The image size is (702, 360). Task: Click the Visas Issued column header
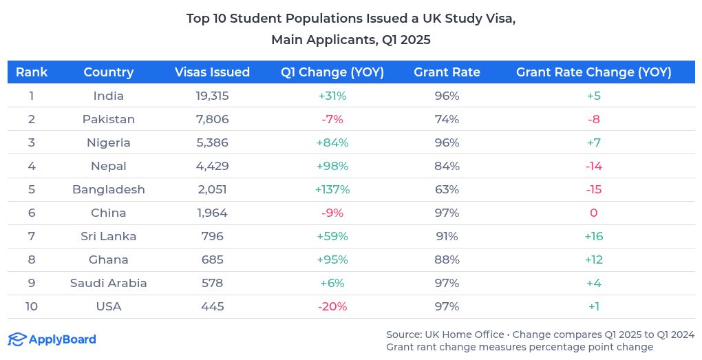(x=212, y=72)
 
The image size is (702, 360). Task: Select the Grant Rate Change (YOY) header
(x=593, y=72)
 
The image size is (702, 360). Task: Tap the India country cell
(x=109, y=96)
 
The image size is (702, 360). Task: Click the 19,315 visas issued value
(x=212, y=96)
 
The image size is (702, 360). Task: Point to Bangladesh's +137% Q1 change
(x=332, y=189)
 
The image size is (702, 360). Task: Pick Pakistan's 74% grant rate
(x=447, y=119)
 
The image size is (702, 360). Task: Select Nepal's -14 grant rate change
(x=593, y=166)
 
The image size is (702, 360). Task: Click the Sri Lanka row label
(x=109, y=236)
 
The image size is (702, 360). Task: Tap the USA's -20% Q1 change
(x=332, y=306)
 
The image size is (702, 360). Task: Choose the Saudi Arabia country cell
(x=109, y=283)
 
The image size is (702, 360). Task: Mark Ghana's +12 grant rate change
(x=593, y=260)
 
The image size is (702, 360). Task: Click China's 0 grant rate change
(x=593, y=213)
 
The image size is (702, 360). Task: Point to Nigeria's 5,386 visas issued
(x=212, y=142)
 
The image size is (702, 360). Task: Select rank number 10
(x=32, y=306)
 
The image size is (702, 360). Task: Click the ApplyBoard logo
(x=52, y=339)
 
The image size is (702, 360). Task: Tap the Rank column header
(x=32, y=72)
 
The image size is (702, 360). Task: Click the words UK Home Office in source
(x=465, y=335)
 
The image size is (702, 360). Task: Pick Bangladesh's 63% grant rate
(x=447, y=189)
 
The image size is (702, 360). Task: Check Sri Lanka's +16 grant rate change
(x=593, y=236)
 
